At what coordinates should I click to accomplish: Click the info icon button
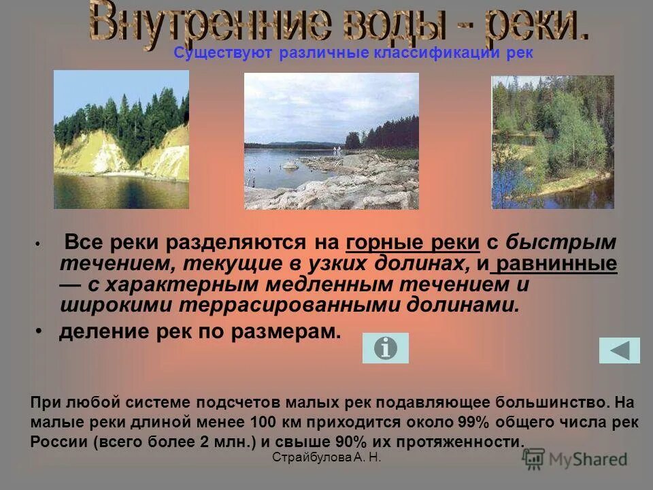tap(385, 348)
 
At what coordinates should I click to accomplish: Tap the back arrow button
tap(619, 350)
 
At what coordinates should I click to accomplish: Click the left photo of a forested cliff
tap(121, 140)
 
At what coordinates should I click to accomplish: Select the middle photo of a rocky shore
tap(331, 141)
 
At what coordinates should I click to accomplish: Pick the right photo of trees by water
tap(552, 142)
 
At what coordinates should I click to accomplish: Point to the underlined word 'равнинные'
tap(557, 263)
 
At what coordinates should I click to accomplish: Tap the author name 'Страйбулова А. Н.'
tap(326, 457)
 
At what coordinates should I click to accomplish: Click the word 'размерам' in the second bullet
tap(286, 332)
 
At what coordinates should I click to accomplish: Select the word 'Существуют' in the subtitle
tap(224, 54)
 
